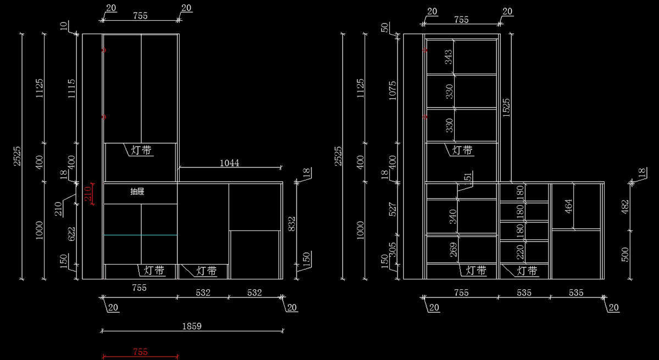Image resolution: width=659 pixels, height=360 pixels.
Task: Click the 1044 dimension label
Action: pos(229,163)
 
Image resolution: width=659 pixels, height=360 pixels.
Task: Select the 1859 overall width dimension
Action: pos(192,326)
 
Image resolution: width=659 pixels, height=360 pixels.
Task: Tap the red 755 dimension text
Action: pos(141,352)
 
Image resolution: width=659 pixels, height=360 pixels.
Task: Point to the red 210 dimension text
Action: pos(87,194)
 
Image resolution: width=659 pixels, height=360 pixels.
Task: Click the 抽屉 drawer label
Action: pos(137,192)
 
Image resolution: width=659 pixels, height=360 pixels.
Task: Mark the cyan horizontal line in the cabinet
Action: pos(141,235)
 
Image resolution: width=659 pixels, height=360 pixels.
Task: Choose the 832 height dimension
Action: pos(292,223)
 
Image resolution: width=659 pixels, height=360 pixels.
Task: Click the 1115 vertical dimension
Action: pos(71,89)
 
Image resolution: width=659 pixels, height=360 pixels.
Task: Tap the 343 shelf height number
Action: pos(449,57)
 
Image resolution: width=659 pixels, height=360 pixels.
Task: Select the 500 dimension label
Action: pos(626,254)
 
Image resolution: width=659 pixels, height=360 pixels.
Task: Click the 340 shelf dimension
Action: pos(453,217)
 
